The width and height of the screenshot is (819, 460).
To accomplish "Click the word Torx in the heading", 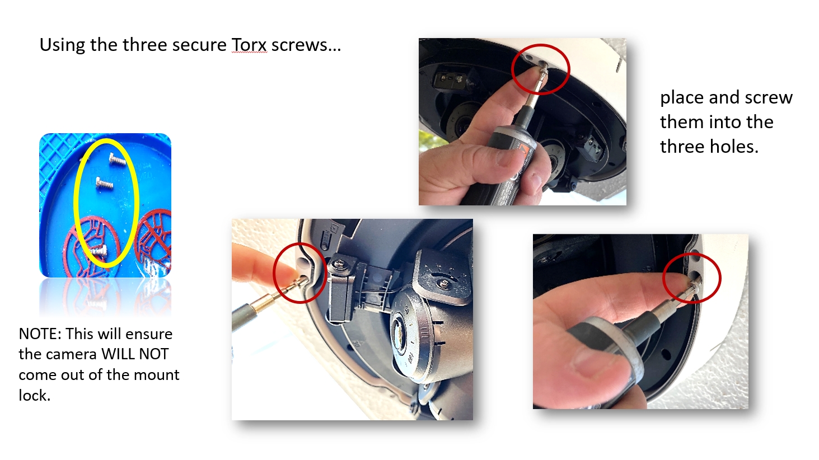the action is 249,45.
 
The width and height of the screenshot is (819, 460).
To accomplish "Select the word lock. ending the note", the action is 34,395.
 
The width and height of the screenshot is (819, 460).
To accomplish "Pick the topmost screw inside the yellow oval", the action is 118,159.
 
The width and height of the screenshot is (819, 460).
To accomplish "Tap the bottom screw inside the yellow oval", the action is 98,251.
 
